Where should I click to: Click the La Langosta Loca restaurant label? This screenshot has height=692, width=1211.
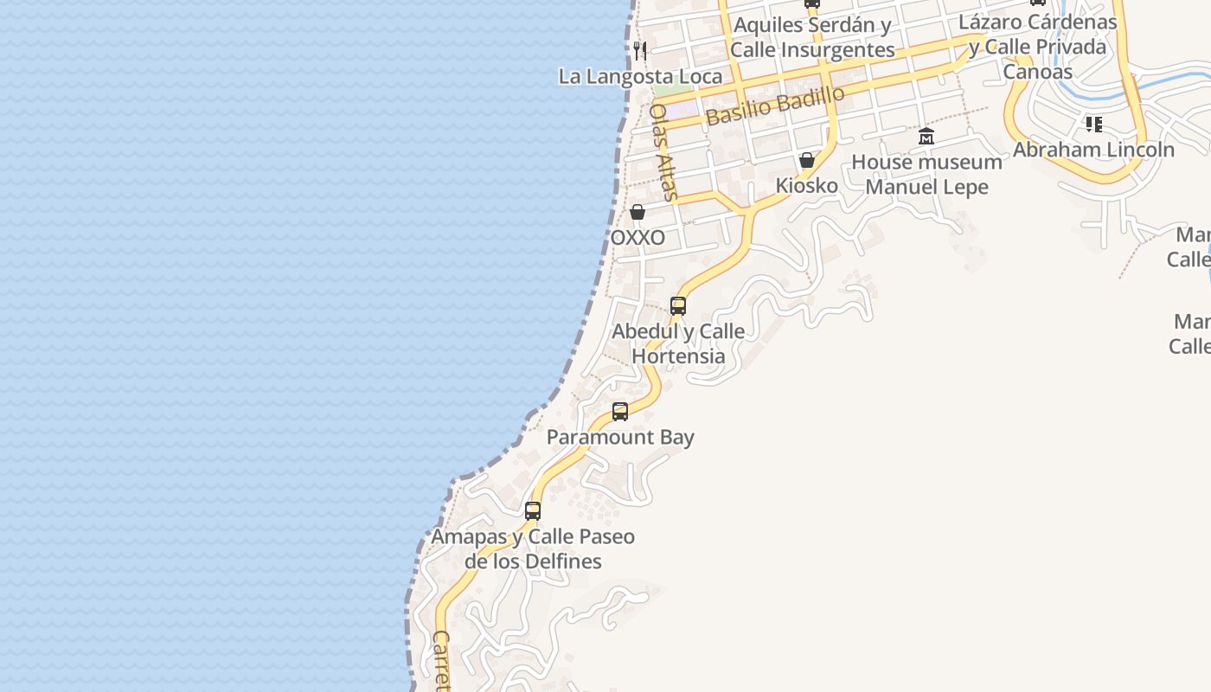(x=640, y=76)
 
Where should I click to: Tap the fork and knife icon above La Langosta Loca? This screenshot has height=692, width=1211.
(x=640, y=50)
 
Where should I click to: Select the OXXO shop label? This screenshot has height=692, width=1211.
(x=638, y=238)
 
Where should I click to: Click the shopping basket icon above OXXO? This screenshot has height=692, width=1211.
(x=638, y=212)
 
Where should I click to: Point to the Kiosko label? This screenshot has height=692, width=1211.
(x=806, y=186)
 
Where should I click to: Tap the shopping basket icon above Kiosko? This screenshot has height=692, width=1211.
(x=807, y=160)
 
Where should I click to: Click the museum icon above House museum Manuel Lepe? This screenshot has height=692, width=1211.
(x=926, y=136)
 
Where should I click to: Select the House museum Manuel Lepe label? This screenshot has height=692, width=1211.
(x=926, y=174)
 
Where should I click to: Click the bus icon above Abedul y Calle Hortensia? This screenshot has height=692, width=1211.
(x=678, y=305)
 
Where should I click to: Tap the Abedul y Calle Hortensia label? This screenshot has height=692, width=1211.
(x=678, y=343)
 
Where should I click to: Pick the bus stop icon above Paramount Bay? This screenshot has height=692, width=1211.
(x=620, y=412)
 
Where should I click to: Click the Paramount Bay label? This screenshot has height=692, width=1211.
(x=620, y=437)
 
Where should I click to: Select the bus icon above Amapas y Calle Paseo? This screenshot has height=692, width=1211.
(x=533, y=511)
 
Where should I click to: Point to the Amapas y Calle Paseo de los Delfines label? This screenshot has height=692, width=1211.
(x=533, y=548)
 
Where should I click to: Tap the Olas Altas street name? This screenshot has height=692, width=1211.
(x=663, y=152)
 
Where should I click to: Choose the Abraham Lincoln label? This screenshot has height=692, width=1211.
(x=1093, y=150)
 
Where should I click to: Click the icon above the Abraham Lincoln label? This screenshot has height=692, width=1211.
(x=1094, y=125)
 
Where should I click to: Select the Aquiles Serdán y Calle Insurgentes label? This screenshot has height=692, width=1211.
(x=812, y=37)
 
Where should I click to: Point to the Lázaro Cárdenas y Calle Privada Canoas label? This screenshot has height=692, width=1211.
(x=1038, y=47)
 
